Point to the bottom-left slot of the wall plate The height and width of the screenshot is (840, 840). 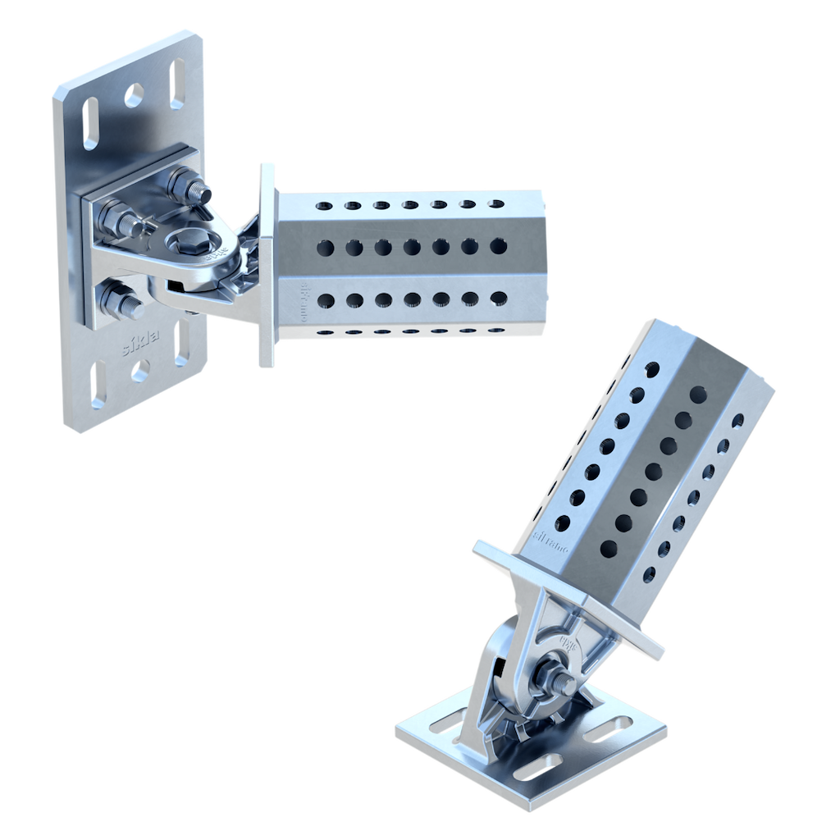click(98, 386)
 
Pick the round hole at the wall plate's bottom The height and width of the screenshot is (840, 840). click(140, 371)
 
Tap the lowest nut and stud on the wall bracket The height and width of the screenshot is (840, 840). click(123, 302)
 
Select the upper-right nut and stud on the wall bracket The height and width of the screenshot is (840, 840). click(190, 187)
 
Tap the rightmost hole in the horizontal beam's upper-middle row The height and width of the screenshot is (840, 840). click(498, 246)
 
